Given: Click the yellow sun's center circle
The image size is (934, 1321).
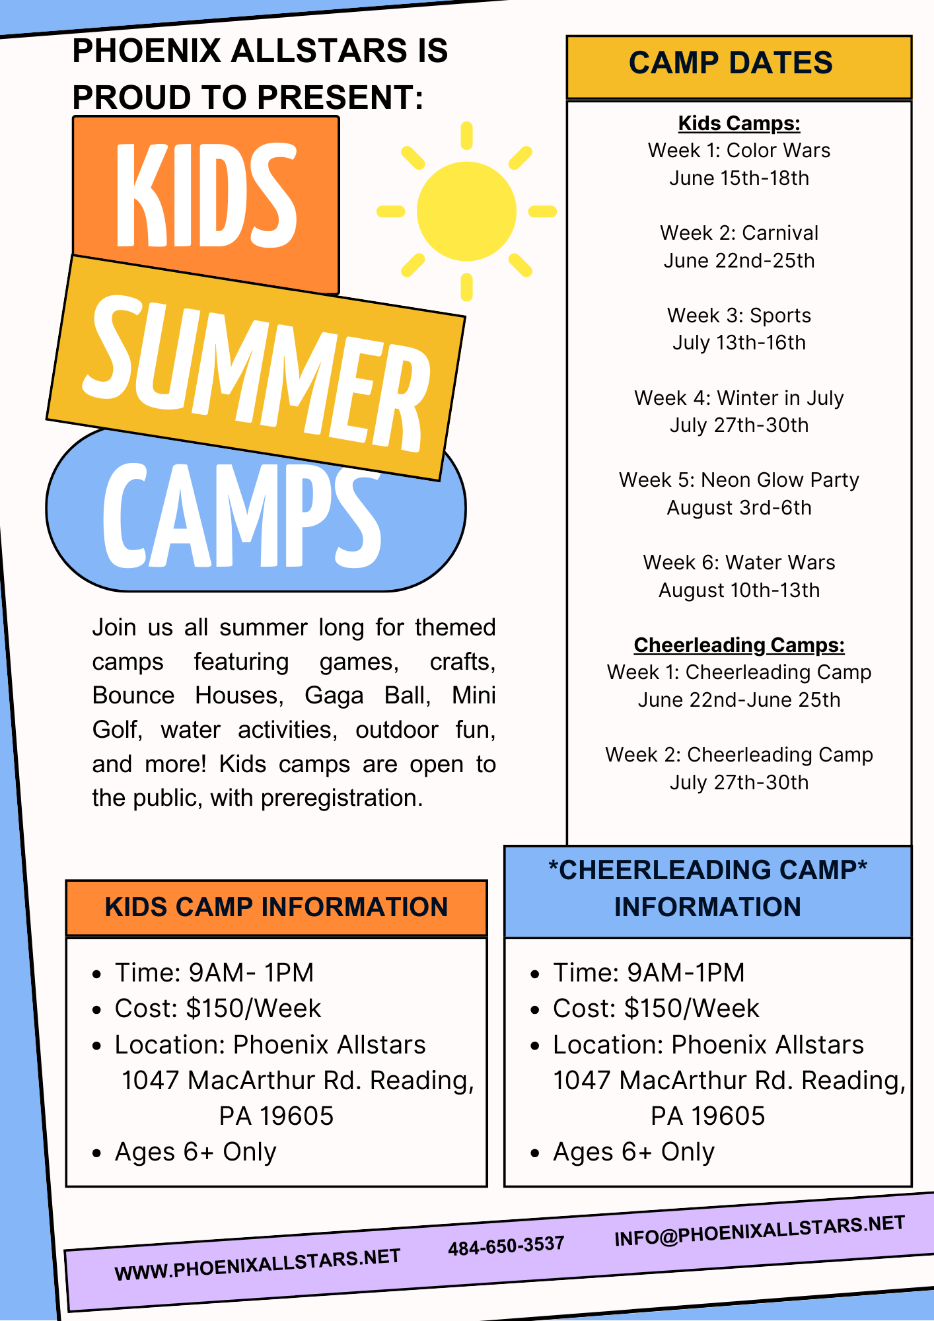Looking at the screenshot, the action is tap(466, 211).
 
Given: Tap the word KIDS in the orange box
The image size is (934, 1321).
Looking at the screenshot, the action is tap(206, 196).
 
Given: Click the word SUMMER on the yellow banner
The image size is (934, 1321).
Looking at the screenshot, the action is tap(257, 374).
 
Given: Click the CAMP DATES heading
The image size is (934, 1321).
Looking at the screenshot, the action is tap(731, 63).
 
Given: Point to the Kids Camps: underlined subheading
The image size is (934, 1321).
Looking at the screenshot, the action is tap(739, 124).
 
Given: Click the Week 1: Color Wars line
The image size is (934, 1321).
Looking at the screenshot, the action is tap(739, 151).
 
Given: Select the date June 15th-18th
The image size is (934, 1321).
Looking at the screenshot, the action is tap(739, 178).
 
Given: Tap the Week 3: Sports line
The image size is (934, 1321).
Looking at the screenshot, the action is tap(739, 316).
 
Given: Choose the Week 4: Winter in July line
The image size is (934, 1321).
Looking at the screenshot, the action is tap(739, 398).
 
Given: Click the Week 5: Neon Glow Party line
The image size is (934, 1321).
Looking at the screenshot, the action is tap(739, 480).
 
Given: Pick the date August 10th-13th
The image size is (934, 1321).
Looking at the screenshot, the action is tap(739, 590).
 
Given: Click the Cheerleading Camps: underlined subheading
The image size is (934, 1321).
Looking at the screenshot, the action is tap(739, 645).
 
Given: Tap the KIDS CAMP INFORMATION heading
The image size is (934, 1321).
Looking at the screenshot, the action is tap(276, 907).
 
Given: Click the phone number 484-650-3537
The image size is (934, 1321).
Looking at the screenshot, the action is tap(506, 1246).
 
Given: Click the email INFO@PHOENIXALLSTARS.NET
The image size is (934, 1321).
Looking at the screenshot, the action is tap(760, 1231).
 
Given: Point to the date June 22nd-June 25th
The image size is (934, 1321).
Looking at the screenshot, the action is tap(739, 700).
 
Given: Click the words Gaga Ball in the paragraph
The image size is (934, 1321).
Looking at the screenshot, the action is tap(367, 696).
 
